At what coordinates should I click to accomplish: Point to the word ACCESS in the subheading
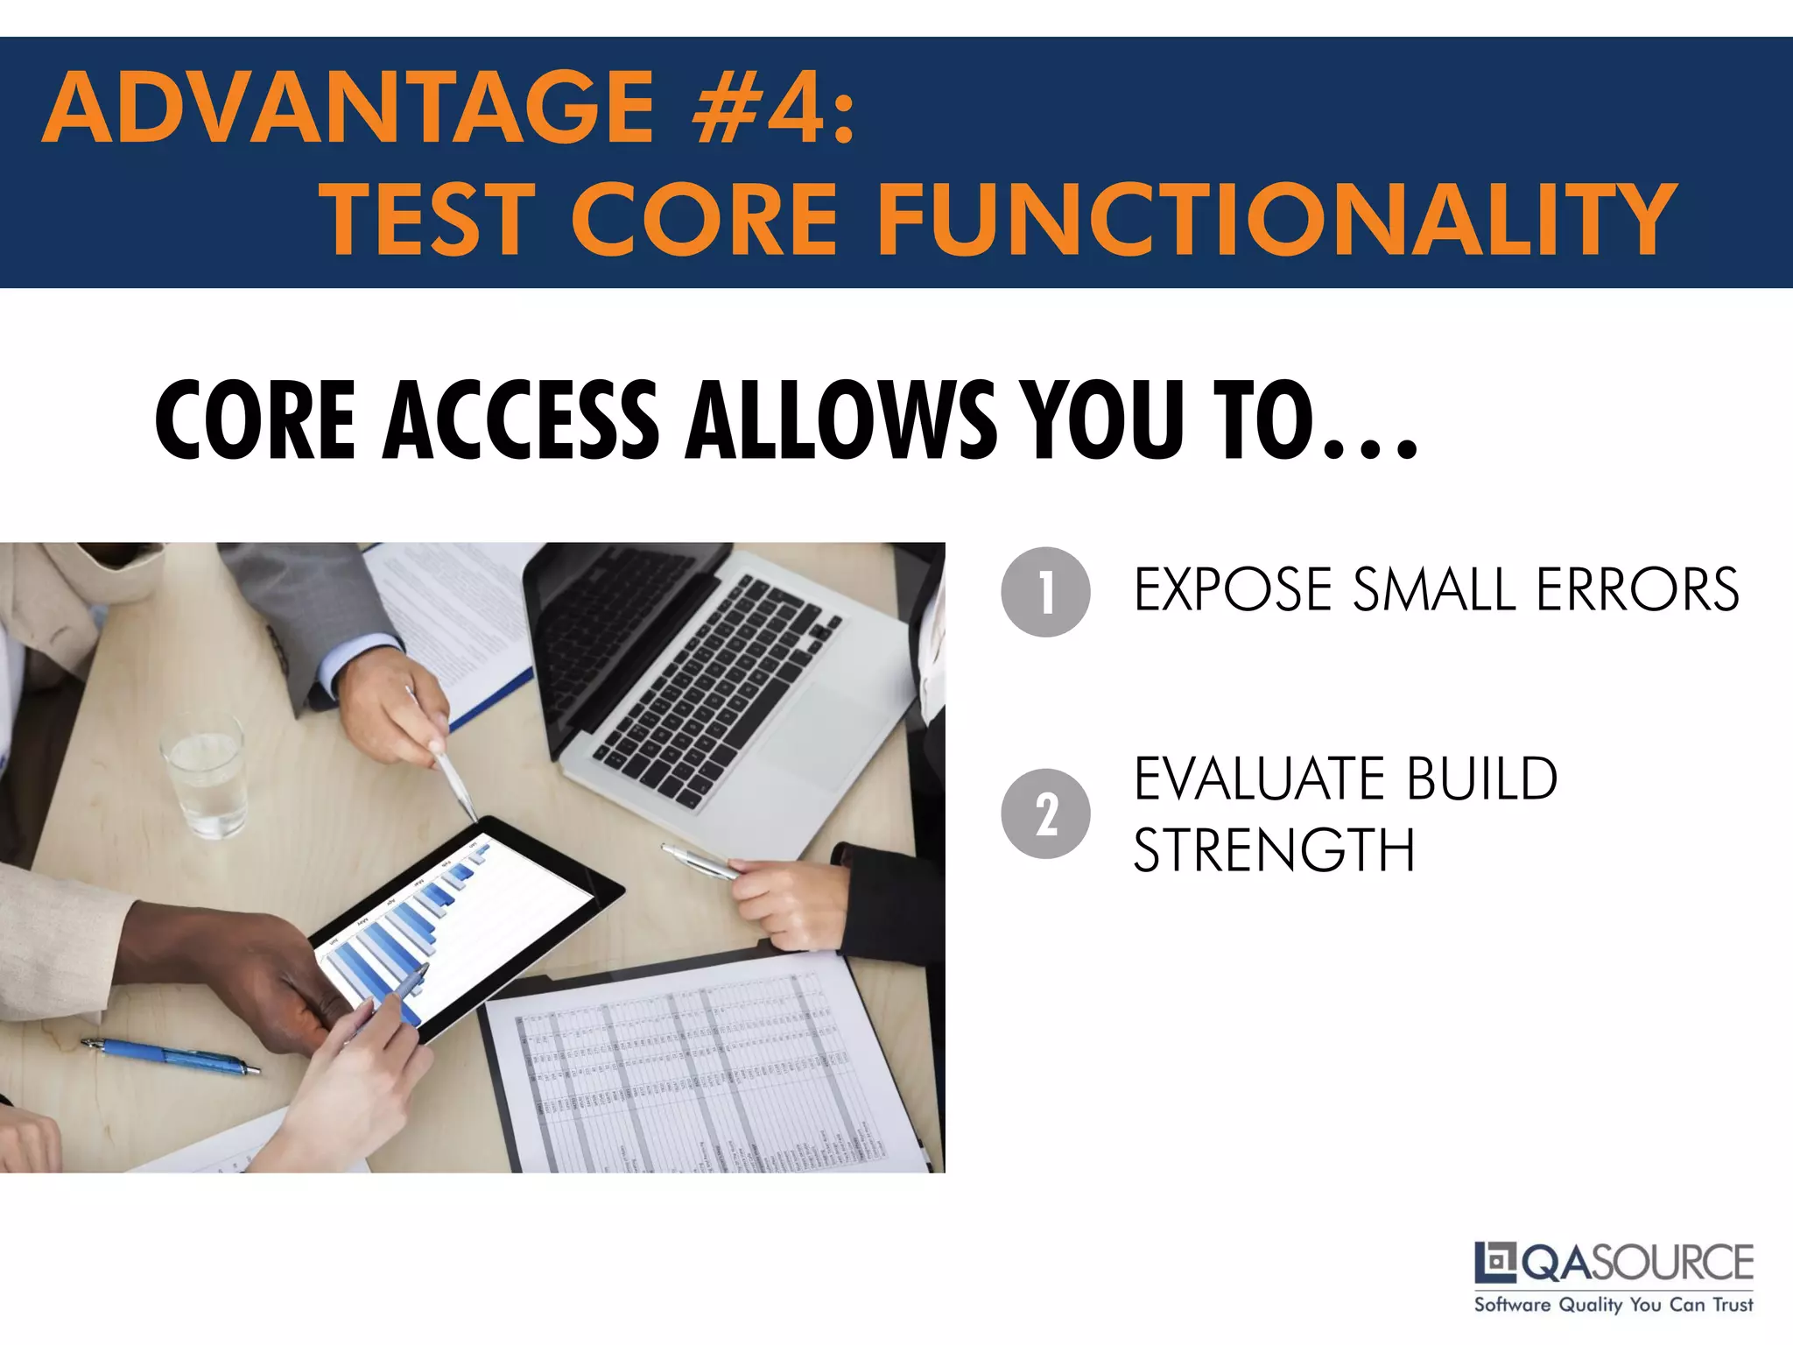522,420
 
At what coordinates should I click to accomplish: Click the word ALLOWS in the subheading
840,420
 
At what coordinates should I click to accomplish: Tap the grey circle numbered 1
1045,592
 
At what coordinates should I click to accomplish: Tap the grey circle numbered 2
1045,813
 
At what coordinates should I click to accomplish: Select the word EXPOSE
1234,589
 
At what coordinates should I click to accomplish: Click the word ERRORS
1637,589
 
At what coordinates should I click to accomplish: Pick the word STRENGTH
1274,850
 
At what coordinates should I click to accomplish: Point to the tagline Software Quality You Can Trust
1614,1305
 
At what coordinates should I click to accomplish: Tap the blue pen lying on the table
171,1056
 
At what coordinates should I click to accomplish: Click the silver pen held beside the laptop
700,861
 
